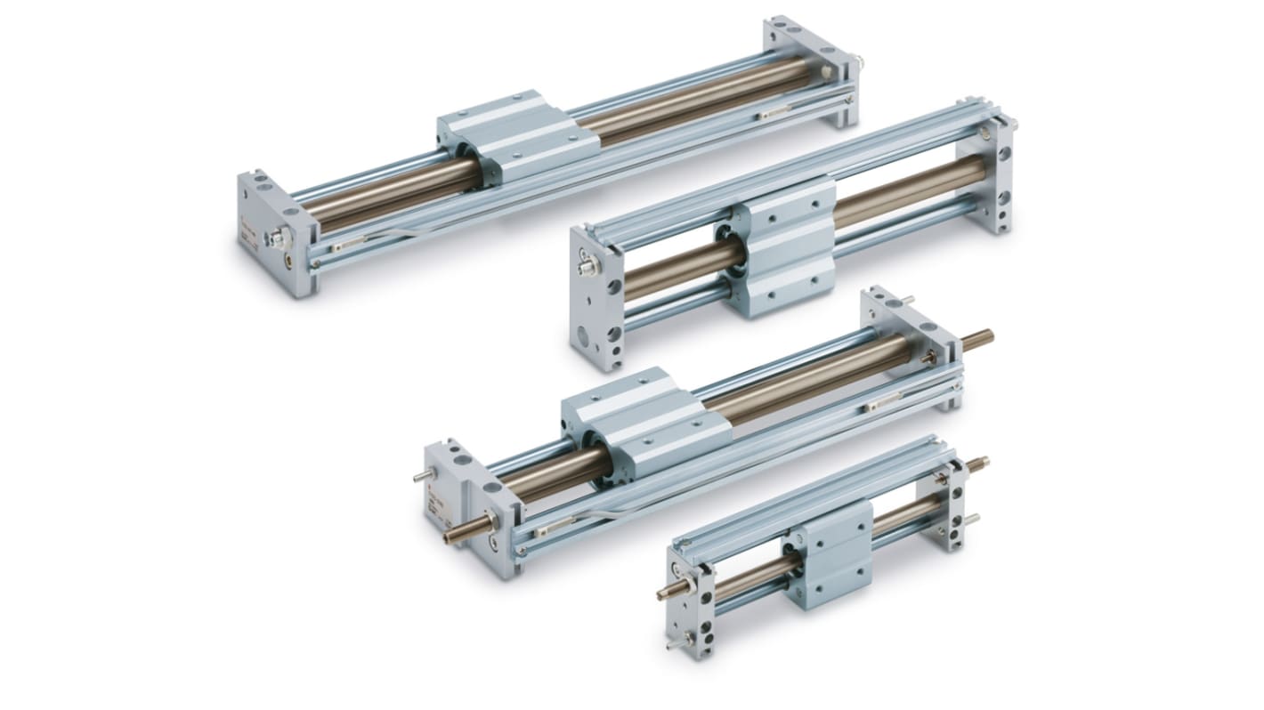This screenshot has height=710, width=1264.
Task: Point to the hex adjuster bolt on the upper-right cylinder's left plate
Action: (x=587, y=266)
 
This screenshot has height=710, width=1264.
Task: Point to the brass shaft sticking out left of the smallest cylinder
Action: (x=669, y=592)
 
